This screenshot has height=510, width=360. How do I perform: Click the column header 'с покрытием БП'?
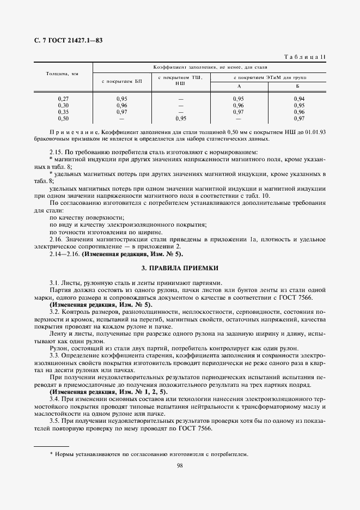pyautogui.click(x=121, y=81)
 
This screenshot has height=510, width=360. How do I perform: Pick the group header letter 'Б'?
pyautogui.click(x=298, y=87)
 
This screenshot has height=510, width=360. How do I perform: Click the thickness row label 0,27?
pyautogui.click(x=63, y=99)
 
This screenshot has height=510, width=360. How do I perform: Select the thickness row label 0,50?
pyautogui.click(x=63, y=118)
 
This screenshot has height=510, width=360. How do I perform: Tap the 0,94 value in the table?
pyautogui.click(x=298, y=99)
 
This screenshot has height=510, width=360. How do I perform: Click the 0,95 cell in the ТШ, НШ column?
pyautogui.click(x=181, y=118)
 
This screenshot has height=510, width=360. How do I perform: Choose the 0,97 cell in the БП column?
pyautogui.click(x=121, y=112)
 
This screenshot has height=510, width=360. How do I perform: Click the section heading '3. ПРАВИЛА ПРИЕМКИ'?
pyautogui.click(x=180, y=268)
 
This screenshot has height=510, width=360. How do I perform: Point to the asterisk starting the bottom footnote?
pyautogui.click(x=51, y=453)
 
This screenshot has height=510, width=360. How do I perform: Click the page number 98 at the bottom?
pyautogui.click(x=180, y=465)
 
